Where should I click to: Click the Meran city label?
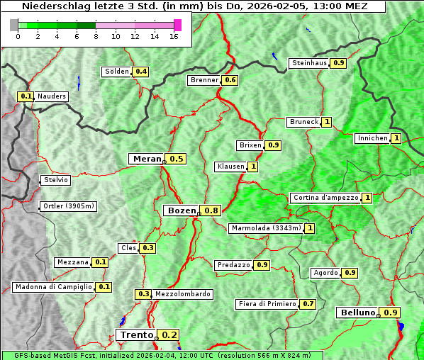147,159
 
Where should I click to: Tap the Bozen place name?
181,210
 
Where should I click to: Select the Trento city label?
136,335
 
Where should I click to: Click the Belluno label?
357,313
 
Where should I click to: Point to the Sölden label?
117,72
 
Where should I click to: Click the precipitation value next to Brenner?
230,80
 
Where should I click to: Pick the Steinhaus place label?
310,63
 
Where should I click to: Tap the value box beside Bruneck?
327,122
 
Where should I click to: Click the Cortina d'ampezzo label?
325,198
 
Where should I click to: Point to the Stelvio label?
56,180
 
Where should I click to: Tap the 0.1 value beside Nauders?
26,96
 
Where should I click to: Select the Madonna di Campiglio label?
53,287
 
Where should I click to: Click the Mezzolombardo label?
182,294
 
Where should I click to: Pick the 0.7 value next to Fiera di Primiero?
308,304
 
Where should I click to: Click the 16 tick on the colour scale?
173,37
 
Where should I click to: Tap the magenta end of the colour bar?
177,25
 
